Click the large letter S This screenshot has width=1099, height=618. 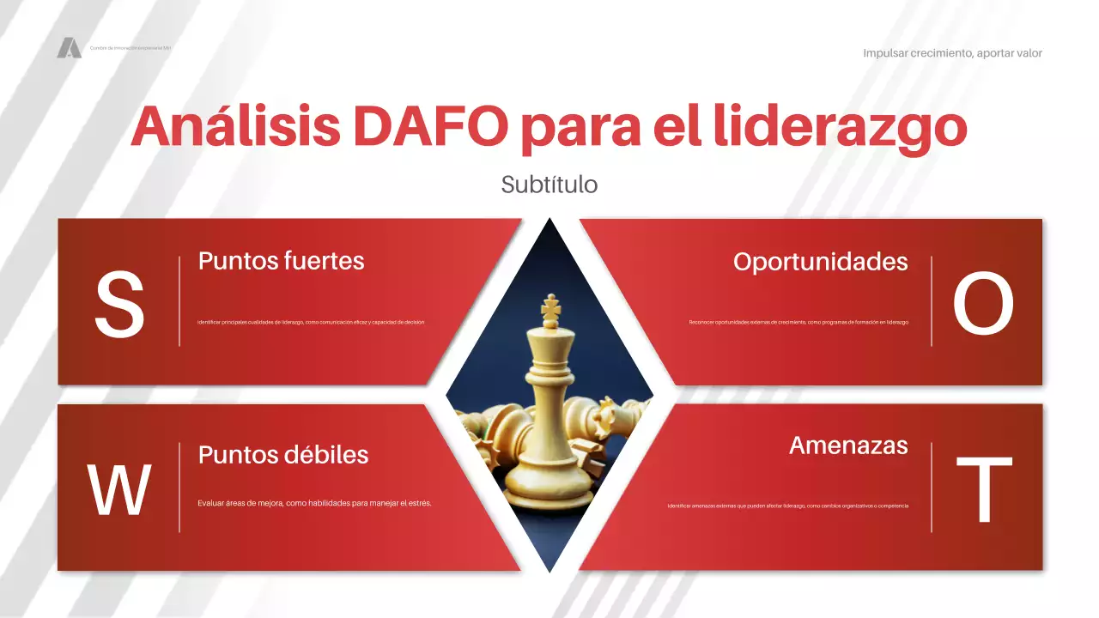[x=119, y=305]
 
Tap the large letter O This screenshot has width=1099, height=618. [x=983, y=305]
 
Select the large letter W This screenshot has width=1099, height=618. [x=119, y=490]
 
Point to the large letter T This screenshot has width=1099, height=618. [x=984, y=490]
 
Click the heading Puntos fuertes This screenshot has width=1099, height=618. [x=281, y=261]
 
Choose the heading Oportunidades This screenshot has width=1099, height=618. [x=820, y=262]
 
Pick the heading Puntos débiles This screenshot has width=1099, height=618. [x=283, y=455]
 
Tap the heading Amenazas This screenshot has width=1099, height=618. [x=848, y=445]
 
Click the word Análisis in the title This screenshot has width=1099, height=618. [x=234, y=127]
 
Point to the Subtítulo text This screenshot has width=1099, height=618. [x=549, y=185]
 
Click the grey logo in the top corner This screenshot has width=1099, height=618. [x=69, y=48]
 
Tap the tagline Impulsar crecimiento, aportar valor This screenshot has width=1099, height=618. [x=952, y=53]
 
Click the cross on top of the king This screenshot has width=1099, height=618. [x=549, y=306]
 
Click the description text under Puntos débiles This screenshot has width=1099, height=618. [x=314, y=503]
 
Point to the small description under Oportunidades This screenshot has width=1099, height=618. [x=798, y=323]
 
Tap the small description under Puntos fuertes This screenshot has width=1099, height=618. [x=311, y=323]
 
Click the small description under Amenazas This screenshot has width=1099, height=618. [x=787, y=506]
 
